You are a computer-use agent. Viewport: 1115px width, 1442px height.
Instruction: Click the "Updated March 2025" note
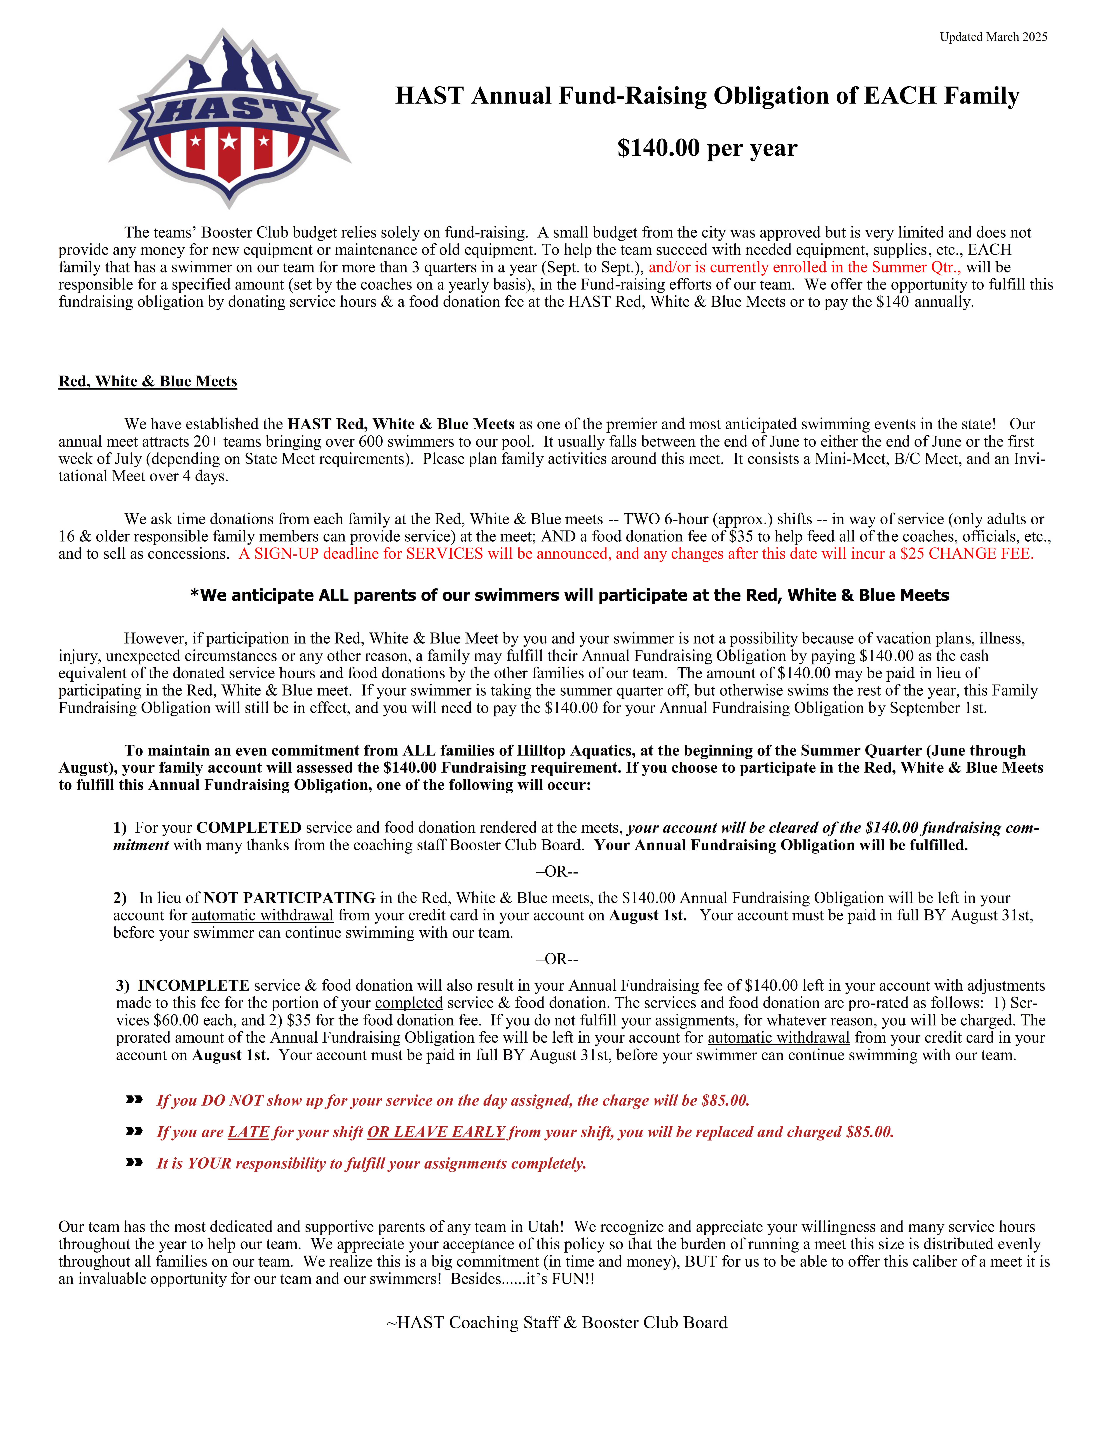click(x=993, y=37)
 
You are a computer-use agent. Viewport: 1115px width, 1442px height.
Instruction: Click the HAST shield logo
click(x=229, y=119)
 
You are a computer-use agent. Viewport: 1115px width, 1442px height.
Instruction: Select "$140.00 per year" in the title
click(x=707, y=148)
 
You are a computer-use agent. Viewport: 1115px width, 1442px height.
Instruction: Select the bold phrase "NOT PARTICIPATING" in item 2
click(x=289, y=898)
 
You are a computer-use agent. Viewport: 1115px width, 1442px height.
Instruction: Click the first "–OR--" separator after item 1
click(x=557, y=872)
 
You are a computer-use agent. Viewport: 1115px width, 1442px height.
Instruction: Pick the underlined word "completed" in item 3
click(x=409, y=1003)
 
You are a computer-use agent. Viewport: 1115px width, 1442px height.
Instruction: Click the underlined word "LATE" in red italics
click(x=248, y=1132)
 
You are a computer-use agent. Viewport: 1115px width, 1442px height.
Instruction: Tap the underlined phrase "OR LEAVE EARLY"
click(x=436, y=1132)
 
